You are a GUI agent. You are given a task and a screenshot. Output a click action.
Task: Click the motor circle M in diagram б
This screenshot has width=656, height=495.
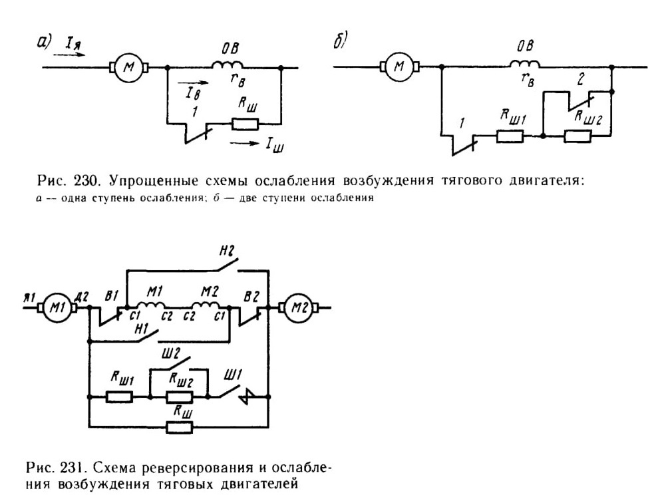point(399,67)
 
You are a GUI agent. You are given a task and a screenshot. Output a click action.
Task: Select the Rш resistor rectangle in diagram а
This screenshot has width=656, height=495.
point(246,124)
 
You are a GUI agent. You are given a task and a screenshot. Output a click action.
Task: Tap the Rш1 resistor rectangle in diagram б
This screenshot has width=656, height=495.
point(510,136)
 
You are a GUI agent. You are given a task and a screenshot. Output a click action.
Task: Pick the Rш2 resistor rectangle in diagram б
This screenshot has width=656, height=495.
point(577,136)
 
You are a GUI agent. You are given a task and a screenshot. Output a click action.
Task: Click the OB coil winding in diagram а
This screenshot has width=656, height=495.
point(228,65)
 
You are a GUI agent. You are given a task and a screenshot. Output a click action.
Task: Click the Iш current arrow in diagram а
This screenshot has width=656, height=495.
point(245,144)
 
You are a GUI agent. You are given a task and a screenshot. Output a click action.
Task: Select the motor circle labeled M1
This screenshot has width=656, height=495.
point(57,308)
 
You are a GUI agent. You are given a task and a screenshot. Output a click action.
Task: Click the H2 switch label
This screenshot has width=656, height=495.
point(227,250)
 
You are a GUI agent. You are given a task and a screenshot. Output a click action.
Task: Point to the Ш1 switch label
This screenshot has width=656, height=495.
point(233,376)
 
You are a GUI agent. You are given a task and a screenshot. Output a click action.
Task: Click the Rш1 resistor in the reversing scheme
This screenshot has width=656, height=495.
point(120,397)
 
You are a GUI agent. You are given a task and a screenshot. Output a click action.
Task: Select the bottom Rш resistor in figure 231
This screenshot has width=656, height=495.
point(180,428)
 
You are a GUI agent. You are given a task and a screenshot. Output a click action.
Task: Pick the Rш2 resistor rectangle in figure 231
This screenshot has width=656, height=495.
point(180,397)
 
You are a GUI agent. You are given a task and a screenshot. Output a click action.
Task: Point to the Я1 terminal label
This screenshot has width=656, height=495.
point(30,297)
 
